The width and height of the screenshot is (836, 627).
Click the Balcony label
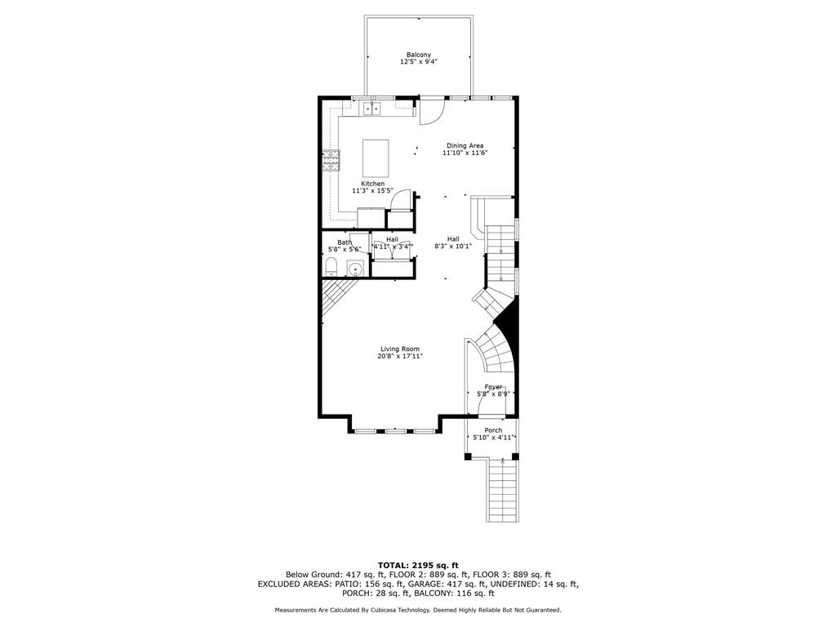[x=419, y=55]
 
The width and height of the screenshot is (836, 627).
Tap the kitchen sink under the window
[x=372, y=108]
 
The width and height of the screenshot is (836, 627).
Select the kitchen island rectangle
[x=376, y=153]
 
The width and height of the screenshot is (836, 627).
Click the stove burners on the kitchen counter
[x=331, y=160]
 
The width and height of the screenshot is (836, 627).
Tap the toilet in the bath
[x=331, y=267]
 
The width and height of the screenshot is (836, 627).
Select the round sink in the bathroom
[x=355, y=269]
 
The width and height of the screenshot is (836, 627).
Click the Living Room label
[x=399, y=349]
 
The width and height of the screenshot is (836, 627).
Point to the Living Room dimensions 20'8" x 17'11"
[x=399, y=356]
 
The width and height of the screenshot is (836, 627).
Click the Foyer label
[x=493, y=386]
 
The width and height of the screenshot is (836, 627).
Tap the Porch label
[x=493, y=430]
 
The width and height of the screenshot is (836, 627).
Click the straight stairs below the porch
[x=503, y=490]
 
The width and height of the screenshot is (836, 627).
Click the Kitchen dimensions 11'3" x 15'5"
[x=367, y=191]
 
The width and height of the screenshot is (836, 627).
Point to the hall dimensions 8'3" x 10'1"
[x=452, y=246]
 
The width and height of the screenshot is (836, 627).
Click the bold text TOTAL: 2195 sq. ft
[x=418, y=565]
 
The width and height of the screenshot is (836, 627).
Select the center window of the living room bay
[x=396, y=429]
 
